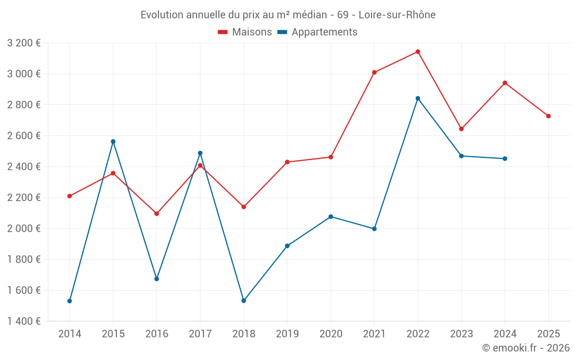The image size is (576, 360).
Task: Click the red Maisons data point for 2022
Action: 418,52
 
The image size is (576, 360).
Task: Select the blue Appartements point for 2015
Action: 113,142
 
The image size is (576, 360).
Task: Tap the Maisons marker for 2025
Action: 548,116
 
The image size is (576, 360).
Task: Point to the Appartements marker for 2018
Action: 244,301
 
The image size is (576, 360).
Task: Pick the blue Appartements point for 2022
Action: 418,98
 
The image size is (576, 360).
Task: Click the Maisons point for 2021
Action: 374,73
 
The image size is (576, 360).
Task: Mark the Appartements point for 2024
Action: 505,158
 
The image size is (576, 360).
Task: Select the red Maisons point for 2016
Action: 157,214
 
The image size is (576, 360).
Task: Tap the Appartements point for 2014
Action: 70,301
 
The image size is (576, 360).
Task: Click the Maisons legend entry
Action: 245,32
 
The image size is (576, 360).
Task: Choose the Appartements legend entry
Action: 317,32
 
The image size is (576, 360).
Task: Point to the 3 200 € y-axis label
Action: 24,43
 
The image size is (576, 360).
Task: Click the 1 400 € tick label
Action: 24,321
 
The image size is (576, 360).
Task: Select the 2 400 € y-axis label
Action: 24,167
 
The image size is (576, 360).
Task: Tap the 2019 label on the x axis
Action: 287,334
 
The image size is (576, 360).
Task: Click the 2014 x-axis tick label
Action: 70,334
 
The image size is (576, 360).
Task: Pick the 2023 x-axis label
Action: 461,334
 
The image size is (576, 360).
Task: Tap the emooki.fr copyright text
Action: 526,348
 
